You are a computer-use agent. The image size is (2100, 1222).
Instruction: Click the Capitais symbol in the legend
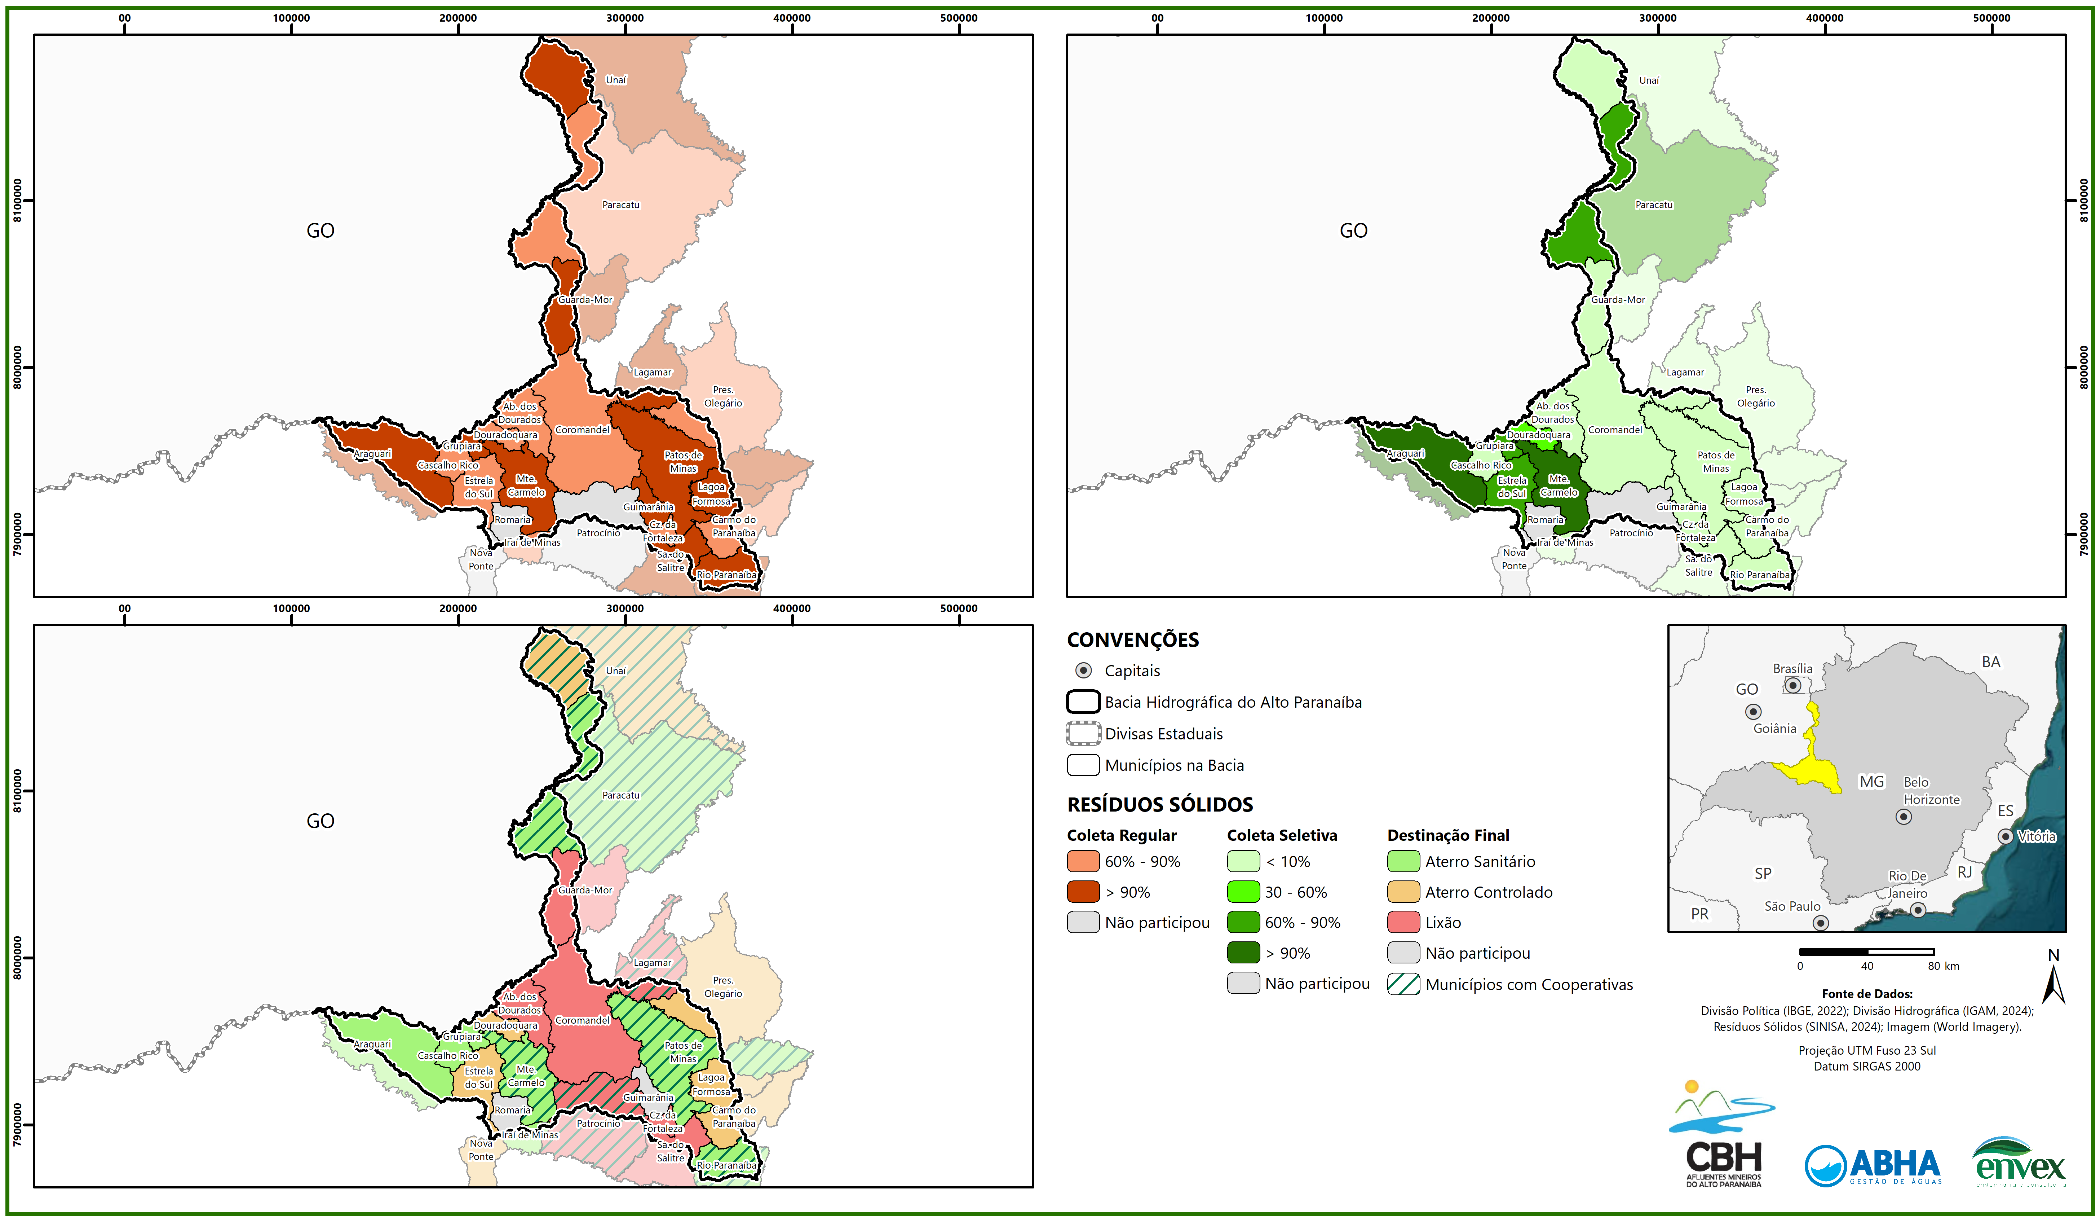point(1083,670)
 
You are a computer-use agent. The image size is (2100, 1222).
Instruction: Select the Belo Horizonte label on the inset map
point(1931,790)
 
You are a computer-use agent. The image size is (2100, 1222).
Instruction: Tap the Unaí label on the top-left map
point(616,80)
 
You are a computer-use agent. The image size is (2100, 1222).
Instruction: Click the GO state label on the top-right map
point(1353,231)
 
